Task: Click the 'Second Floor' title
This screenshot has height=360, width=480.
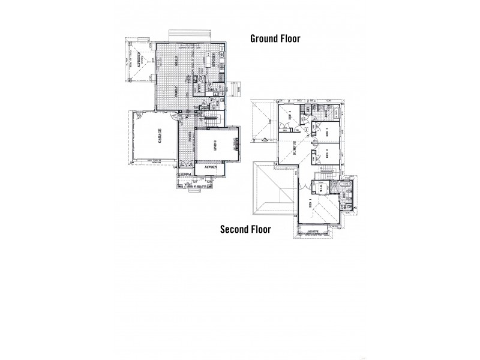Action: (245, 229)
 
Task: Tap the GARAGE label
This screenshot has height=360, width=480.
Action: (160, 137)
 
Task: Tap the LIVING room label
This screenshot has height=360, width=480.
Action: (215, 143)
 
